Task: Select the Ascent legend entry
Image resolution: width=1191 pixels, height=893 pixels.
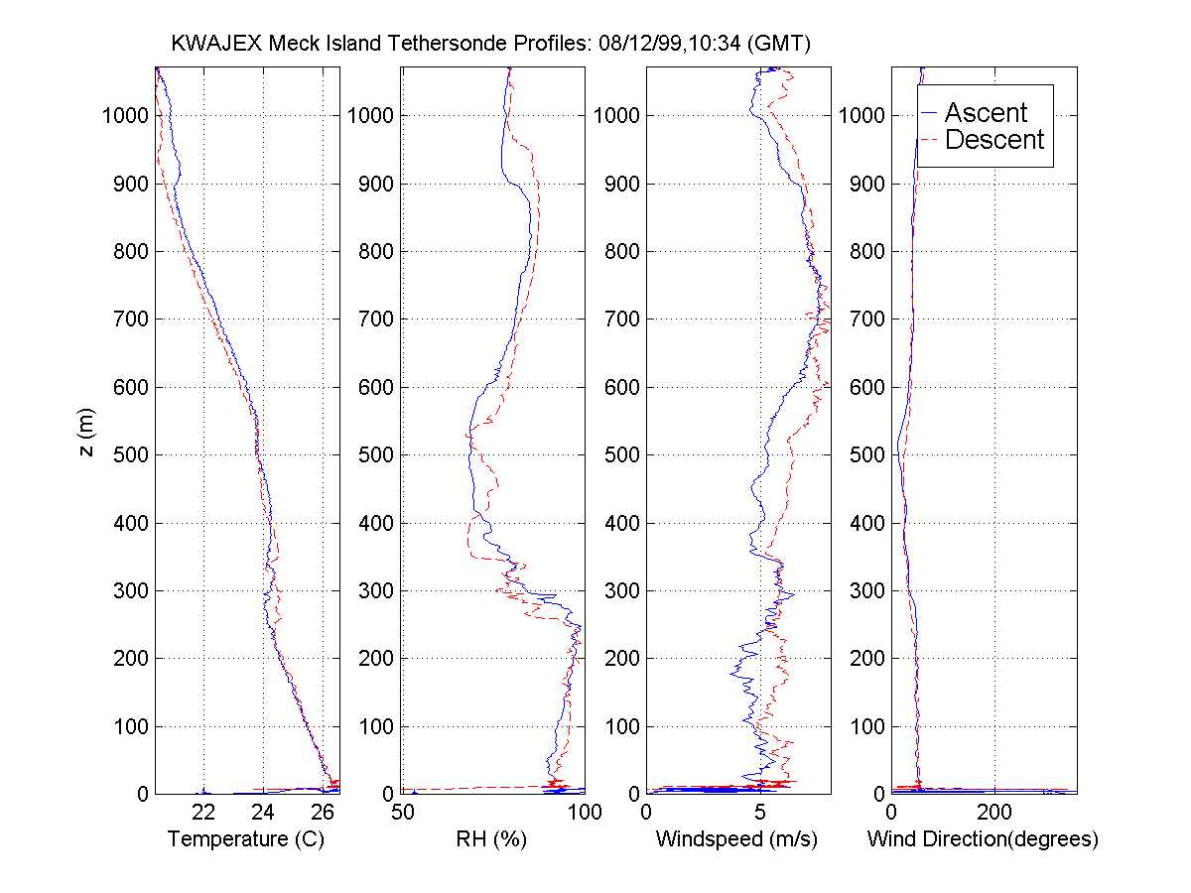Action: tap(986, 112)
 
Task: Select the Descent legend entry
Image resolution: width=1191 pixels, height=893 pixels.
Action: tap(994, 140)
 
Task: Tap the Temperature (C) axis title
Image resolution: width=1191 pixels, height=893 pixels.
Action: tap(246, 839)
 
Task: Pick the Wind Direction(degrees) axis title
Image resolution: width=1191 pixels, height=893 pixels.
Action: tap(983, 839)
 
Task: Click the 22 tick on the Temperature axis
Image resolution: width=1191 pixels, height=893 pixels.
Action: tap(203, 813)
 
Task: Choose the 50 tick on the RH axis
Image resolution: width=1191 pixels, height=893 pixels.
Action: tap(402, 813)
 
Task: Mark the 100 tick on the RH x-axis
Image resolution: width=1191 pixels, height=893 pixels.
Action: tap(584, 813)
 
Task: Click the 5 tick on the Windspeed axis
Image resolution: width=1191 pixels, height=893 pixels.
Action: tap(760, 813)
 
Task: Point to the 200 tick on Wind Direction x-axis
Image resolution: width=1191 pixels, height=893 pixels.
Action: tap(994, 813)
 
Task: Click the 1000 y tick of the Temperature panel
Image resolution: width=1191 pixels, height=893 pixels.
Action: tap(125, 115)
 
